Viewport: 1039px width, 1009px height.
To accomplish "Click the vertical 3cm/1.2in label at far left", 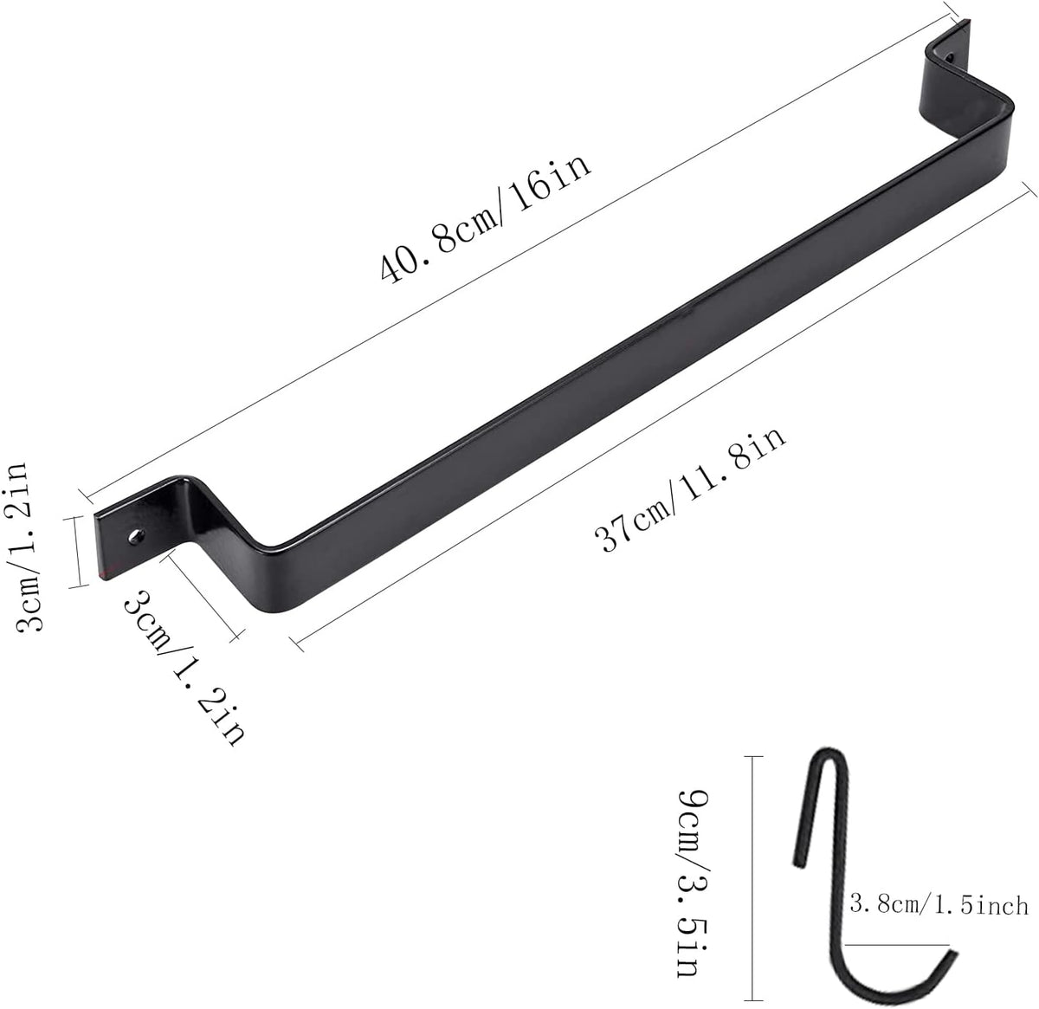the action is [x=22, y=547].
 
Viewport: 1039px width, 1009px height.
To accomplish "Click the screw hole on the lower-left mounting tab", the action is [x=138, y=536].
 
